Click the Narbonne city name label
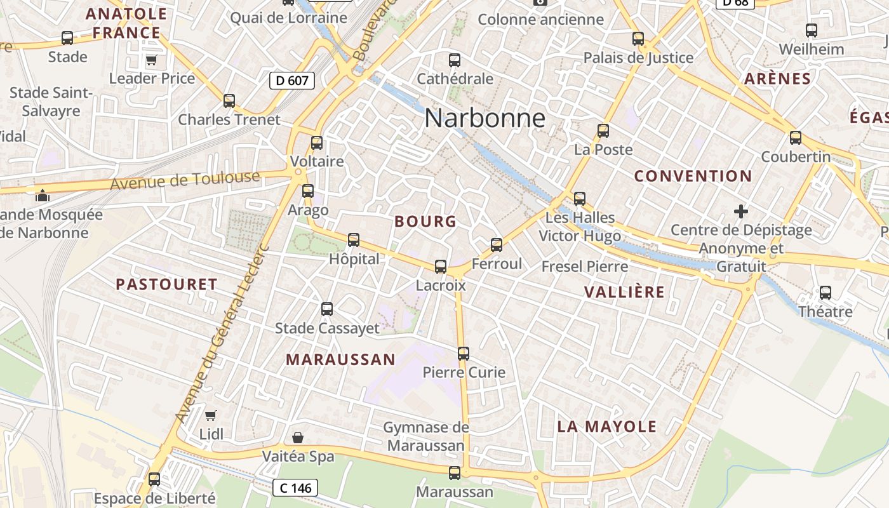tap(485, 118)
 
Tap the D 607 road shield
tap(292, 80)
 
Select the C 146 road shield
tap(295, 488)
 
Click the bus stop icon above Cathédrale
tap(455, 60)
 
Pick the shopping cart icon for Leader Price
tap(151, 60)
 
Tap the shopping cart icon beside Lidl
tap(210, 415)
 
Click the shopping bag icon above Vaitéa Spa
tap(297, 438)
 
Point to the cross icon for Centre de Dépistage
tap(740, 211)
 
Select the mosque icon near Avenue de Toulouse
tap(43, 196)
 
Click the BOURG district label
tap(425, 222)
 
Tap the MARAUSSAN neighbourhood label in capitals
tap(340, 359)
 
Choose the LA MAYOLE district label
tap(606, 427)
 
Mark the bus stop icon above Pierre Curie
tap(464, 353)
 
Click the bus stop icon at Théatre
tap(825, 293)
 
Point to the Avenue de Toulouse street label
tap(185, 180)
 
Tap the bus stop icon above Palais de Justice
tap(638, 39)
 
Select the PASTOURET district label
tap(166, 284)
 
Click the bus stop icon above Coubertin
tap(796, 137)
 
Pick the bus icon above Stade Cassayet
tap(327, 309)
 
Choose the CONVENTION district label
tap(693, 176)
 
